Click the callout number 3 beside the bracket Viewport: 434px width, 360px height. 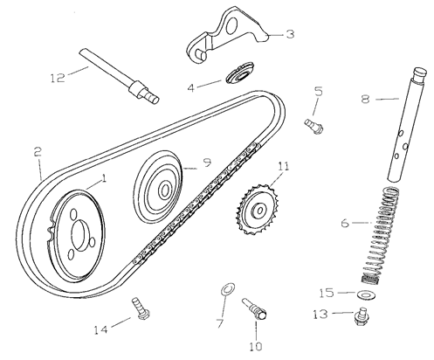pyautogui.click(x=289, y=34)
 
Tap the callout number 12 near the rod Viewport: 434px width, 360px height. pyautogui.click(x=58, y=78)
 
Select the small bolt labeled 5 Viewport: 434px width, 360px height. pyautogui.click(x=313, y=126)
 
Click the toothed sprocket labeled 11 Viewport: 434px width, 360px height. pyautogui.click(x=258, y=209)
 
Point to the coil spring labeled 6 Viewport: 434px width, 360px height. pyautogui.click(x=379, y=236)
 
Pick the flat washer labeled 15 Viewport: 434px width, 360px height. pyautogui.click(x=366, y=295)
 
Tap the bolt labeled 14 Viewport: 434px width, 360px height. pyautogui.click(x=141, y=308)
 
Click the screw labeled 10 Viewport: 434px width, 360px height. pyautogui.click(x=254, y=308)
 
